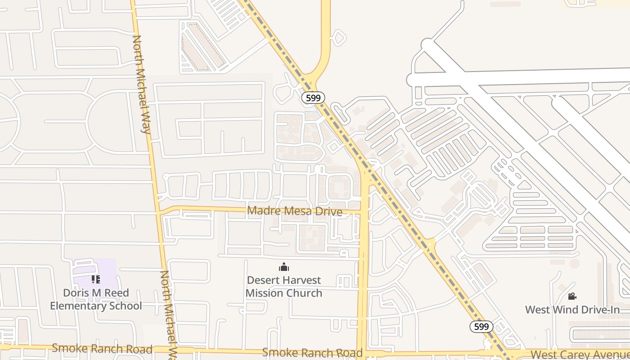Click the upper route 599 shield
click(x=313, y=98)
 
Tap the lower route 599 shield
click(x=481, y=327)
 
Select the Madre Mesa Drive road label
click(x=295, y=211)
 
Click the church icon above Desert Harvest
click(x=284, y=267)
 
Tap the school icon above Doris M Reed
click(x=95, y=279)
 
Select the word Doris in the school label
click(x=75, y=293)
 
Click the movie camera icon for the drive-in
click(x=572, y=296)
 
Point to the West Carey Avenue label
click(x=580, y=355)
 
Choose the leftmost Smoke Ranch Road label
click(x=102, y=348)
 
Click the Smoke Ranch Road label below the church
click(x=312, y=352)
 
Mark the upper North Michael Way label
click(x=141, y=85)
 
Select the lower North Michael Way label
click(x=170, y=315)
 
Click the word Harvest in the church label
click(x=301, y=280)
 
